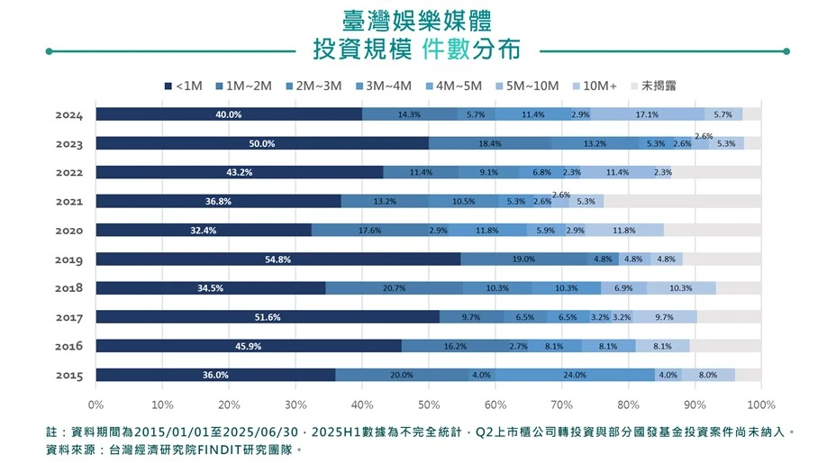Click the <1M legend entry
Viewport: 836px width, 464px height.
(x=184, y=86)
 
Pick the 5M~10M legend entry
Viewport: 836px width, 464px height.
(x=526, y=86)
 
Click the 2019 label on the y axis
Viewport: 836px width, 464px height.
(x=68, y=259)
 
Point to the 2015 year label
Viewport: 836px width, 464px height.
(x=68, y=375)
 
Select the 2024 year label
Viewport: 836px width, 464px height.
(x=68, y=115)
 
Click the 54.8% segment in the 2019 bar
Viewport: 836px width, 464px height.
(x=278, y=259)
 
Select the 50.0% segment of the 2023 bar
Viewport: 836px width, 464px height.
(x=262, y=143)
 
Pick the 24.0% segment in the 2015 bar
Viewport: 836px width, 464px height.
(x=575, y=375)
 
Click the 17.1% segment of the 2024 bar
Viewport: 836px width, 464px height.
(x=647, y=114)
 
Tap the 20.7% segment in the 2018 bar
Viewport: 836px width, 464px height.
(x=394, y=288)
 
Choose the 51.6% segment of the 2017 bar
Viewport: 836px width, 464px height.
(x=268, y=317)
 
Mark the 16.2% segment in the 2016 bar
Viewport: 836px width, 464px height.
(x=455, y=346)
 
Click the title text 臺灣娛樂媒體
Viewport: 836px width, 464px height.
(x=417, y=20)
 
